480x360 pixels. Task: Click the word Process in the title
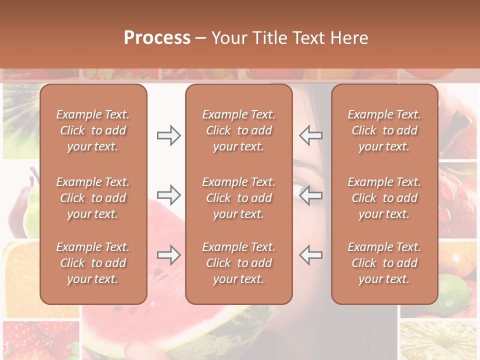pos(157,38)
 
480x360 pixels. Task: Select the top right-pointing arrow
pos(168,135)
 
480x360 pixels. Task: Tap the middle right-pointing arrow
pos(168,195)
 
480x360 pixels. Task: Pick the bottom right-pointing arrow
pos(168,255)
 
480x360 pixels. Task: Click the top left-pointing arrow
pos(310,135)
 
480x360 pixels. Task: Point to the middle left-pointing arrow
pos(310,195)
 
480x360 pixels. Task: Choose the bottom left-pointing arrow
pos(310,255)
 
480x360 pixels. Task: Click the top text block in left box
pos(93,130)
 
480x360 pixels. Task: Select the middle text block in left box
pos(93,198)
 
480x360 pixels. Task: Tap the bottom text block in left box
pos(93,263)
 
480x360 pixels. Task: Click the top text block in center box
pos(238,130)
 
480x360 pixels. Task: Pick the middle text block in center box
pos(238,198)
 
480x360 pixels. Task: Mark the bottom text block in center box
pos(238,263)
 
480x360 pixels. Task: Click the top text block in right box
pos(384,130)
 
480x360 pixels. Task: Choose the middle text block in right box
pos(384,198)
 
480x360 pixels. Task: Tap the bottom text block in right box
pos(384,263)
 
